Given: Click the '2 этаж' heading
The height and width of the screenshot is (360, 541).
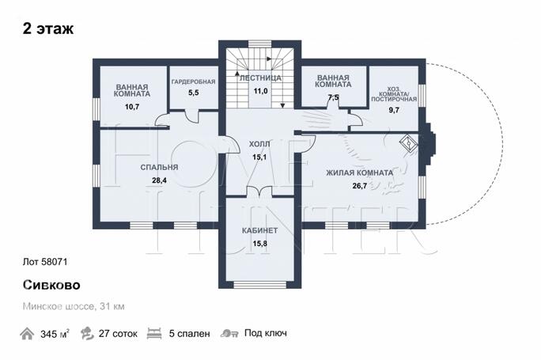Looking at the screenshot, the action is click(x=48, y=28).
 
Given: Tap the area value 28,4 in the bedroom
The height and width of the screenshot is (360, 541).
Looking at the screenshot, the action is click(x=159, y=180).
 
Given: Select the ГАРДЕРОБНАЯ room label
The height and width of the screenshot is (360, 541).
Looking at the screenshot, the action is click(x=193, y=81).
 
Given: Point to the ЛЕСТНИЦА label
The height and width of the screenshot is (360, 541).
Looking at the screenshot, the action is click(x=260, y=78).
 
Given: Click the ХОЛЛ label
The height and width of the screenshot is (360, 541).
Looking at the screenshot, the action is click(x=259, y=144).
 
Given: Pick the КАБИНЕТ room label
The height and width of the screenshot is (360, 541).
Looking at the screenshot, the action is click(x=259, y=230).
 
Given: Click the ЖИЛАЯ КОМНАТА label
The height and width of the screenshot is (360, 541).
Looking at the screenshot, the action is click(x=360, y=172).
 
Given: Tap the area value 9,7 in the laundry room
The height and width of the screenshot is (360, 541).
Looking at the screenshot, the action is click(x=394, y=110).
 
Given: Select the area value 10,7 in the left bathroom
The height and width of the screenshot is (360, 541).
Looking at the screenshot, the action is click(x=132, y=107).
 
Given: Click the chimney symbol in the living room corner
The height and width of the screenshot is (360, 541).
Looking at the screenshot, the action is click(x=409, y=142).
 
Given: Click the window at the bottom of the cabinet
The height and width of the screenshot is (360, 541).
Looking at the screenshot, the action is click(x=259, y=285).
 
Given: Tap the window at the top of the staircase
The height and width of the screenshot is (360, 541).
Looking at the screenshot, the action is click(x=260, y=44).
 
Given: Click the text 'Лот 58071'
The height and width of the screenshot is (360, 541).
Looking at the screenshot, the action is click(x=45, y=262).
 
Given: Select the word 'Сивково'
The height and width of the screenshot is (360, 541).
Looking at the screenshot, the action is click(x=51, y=285).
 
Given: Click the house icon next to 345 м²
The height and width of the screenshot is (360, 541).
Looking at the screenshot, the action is click(x=27, y=334).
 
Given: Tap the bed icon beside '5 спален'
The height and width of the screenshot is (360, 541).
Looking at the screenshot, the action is click(x=154, y=334).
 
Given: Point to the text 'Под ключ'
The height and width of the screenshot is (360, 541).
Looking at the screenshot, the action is click(x=266, y=333).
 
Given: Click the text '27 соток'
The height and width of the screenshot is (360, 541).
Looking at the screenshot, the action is click(x=118, y=334).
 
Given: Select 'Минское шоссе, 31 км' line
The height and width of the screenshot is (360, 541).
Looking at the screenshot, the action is click(x=74, y=306).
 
